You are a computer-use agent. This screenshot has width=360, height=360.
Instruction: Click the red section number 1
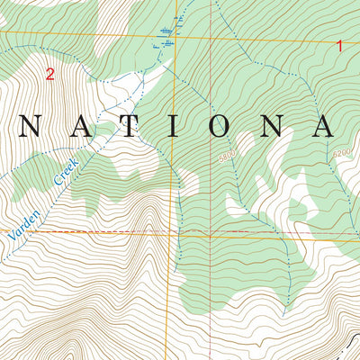click(340, 45)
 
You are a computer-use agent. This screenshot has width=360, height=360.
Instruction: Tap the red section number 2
click(49, 75)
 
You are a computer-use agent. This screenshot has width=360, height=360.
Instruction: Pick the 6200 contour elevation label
click(340, 154)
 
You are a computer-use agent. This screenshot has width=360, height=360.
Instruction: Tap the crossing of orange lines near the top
click(176, 37)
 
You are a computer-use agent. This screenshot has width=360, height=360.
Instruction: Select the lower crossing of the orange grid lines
click(175, 233)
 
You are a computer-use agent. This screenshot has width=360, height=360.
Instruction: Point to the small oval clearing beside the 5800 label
click(245, 142)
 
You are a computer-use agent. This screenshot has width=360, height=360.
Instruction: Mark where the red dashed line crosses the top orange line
click(212, 38)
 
